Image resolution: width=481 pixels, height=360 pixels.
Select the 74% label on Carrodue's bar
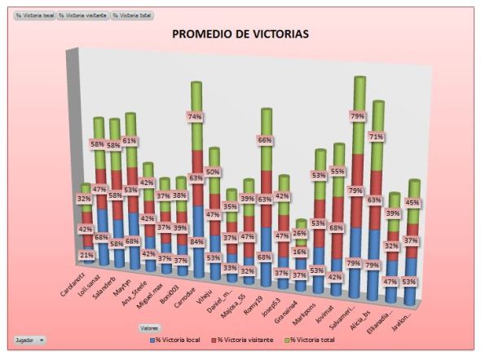coord(195,116)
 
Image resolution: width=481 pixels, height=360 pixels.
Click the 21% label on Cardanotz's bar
coord(86,255)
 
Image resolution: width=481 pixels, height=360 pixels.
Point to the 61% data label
coord(130,140)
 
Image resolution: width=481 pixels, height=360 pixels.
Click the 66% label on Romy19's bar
coord(265,140)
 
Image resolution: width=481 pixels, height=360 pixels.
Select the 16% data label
coord(300,252)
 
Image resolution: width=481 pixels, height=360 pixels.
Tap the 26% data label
coord(300,234)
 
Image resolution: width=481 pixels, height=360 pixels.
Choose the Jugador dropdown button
coord(30,338)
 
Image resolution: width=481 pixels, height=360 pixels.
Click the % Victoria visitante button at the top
coord(82,15)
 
